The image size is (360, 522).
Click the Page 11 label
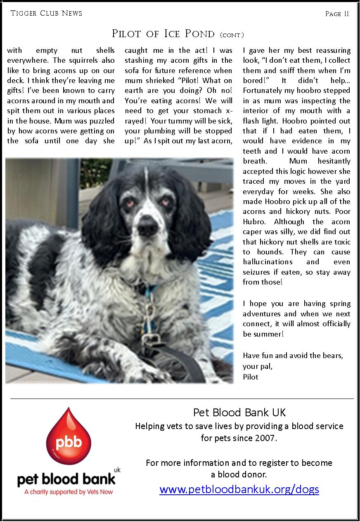tap(337, 14)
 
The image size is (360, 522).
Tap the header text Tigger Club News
tap(46, 13)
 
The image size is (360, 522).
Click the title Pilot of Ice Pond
tap(163, 34)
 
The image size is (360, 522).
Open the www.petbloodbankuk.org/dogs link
tap(239, 489)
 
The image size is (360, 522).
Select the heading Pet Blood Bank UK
tap(239, 412)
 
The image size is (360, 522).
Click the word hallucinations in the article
tap(268, 262)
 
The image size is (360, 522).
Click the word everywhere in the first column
tap(26, 60)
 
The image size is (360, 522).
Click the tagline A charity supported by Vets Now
tap(69, 492)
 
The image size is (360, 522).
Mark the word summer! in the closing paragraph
tap(263, 334)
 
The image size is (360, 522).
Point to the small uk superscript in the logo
tap(117, 470)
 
